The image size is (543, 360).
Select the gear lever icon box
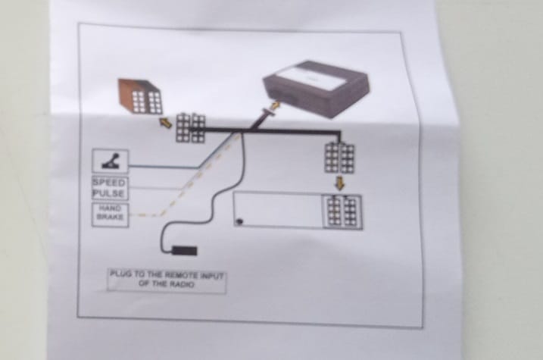tap(110, 161)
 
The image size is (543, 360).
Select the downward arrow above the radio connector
tap(339, 183)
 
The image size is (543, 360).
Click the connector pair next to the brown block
tap(190, 127)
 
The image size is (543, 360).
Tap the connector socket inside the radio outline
tap(342, 211)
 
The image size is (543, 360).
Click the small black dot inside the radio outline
tap(240, 221)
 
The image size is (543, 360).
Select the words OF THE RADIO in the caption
tap(167, 284)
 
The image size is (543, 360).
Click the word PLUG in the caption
tap(121, 274)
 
